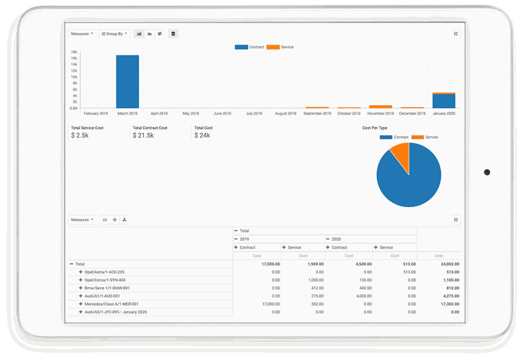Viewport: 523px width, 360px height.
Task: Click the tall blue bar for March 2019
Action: point(127,81)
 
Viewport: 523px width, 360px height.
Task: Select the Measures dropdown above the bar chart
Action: point(82,34)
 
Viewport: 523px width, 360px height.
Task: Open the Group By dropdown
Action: point(115,34)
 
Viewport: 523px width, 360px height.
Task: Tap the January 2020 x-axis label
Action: point(444,114)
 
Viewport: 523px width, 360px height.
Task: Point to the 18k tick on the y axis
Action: point(74,52)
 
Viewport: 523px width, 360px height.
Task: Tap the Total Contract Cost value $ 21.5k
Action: point(144,135)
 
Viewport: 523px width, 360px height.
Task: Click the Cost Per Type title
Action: point(375,128)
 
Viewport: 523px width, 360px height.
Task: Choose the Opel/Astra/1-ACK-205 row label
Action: point(104,272)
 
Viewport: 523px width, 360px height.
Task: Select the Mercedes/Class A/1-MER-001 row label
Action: point(111,304)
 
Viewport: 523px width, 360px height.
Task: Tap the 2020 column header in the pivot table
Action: point(336,239)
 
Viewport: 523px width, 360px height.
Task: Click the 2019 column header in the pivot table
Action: point(244,239)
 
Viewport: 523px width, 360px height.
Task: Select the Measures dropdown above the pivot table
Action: point(82,220)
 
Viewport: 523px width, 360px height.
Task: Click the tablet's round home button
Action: point(487,172)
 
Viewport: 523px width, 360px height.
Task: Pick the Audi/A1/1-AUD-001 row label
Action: point(102,296)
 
